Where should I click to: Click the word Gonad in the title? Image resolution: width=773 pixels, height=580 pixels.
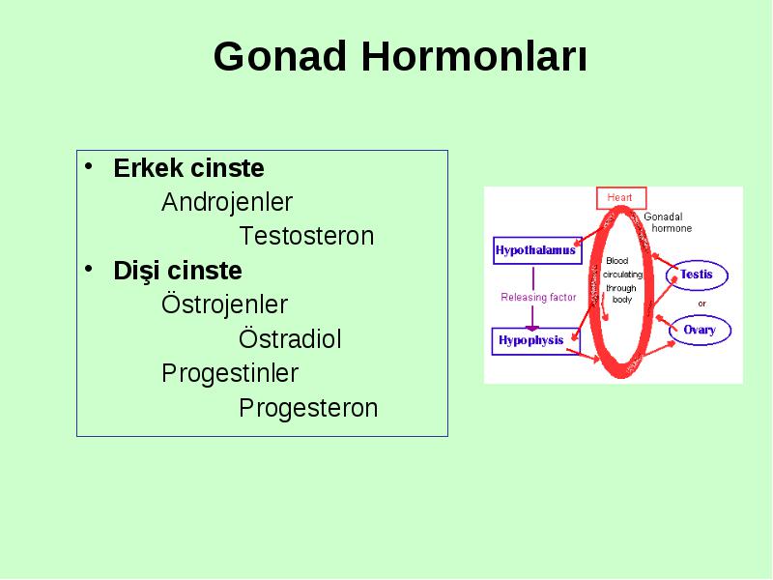[279, 57]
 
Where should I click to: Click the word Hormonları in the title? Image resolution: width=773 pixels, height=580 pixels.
[474, 57]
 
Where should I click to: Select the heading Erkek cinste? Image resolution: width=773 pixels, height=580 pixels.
[188, 168]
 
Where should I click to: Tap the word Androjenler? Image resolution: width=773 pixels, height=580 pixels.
[227, 202]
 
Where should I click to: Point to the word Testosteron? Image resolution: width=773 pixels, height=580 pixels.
[306, 236]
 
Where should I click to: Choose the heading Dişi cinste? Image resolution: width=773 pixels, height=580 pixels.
[178, 271]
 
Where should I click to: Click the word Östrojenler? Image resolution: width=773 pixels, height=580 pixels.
[224, 304]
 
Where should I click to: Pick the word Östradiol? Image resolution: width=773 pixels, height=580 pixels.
[290, 339]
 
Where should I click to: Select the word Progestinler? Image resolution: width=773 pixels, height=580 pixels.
[230, 373]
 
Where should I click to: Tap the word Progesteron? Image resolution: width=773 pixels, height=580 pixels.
[308, 408]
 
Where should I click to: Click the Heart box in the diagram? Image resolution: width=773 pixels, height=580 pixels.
[621, 198]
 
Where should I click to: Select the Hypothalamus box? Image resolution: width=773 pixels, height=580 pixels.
[537, 250]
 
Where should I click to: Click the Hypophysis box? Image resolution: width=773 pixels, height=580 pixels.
[536, 341]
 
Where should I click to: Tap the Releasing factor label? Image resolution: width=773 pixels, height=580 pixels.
[538, 297]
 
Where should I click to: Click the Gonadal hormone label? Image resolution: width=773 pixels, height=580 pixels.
[668, 222]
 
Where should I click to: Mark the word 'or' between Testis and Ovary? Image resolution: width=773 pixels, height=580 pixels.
[702, 304]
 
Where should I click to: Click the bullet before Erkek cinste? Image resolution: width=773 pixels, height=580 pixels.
[89, 166]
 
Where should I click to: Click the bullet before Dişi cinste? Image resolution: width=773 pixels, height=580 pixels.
[89, 269]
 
